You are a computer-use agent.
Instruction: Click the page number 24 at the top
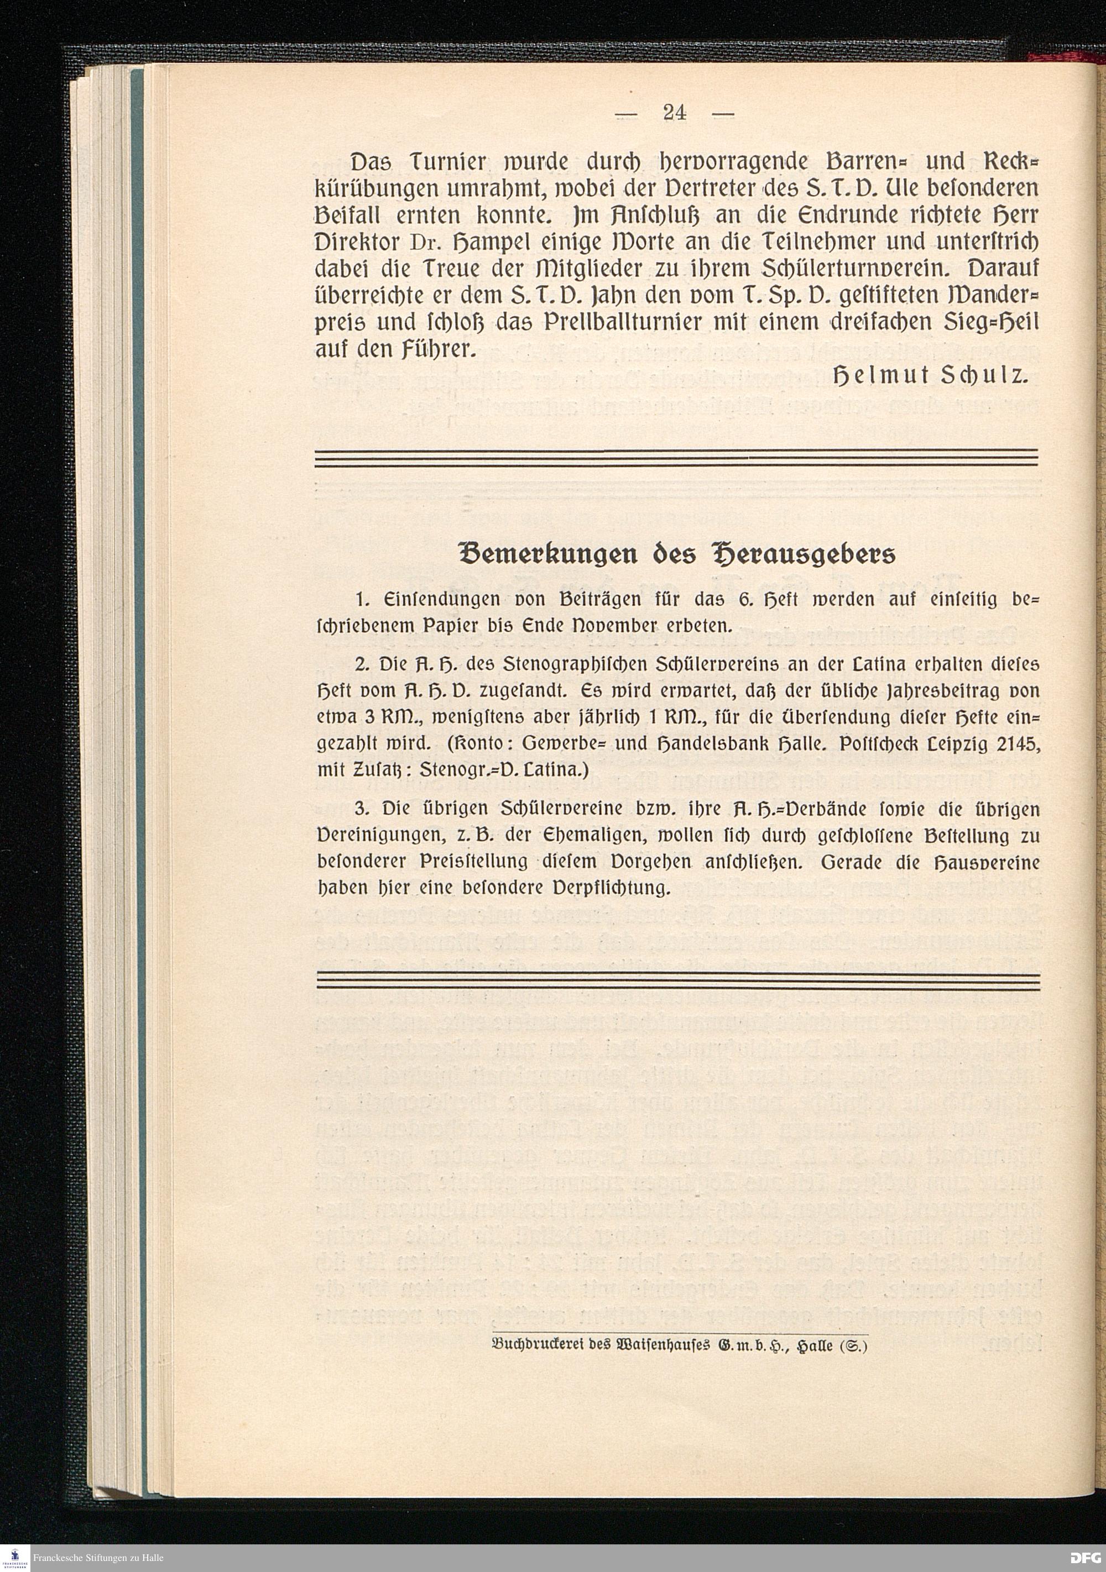(x=675, y=112)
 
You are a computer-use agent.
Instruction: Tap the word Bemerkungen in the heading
(x=544, y=554)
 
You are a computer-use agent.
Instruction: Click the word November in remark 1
(x=623, y=625)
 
